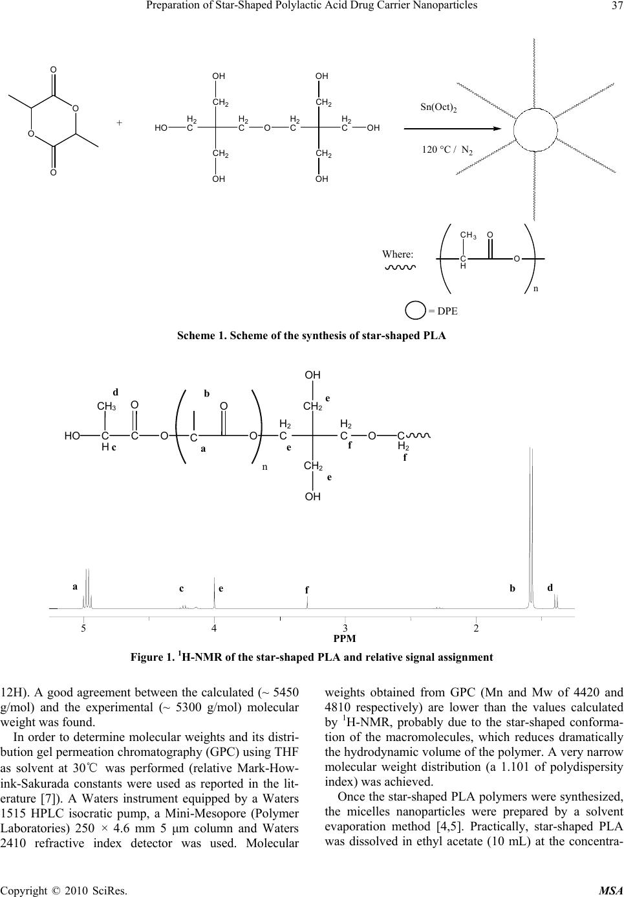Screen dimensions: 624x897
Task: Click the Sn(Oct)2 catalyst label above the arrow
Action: pos(438,107)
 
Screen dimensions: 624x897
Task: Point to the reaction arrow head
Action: pos(497,129)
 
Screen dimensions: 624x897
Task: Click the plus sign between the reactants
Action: pos(119,123)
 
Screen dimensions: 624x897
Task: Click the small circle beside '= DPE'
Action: pos(415,311)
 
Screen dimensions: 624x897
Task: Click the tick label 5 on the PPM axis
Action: pos(83,628)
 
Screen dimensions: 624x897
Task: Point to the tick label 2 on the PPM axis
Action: pos(476,628)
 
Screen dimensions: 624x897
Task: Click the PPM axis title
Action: pos(345,639)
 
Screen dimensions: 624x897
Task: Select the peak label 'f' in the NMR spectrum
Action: pos(307,590)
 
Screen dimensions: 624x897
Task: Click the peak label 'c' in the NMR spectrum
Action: pos(181,589)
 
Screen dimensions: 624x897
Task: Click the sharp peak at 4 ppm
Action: pos(215,592)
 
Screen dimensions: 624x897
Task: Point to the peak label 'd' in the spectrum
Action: pos(550,588)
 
